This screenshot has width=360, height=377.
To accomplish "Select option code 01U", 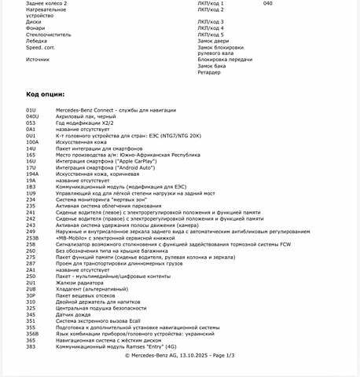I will tap(31, 109).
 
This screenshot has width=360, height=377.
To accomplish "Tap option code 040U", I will tap(32, 115).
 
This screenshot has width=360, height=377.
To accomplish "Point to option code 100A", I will tap(32, 142).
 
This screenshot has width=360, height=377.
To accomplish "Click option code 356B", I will tap(32, 334).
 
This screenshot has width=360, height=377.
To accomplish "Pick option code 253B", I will tap(32, 238).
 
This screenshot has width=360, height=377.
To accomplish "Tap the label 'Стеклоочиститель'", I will tap(48, 35).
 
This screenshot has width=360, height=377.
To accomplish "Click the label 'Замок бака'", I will tap(212, 66).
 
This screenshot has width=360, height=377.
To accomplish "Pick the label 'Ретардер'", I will tap(209, 72).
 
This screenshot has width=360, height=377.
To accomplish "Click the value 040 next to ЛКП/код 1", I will tap(267, 3).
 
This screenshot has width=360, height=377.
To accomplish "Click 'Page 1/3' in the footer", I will tap(219, 356).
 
